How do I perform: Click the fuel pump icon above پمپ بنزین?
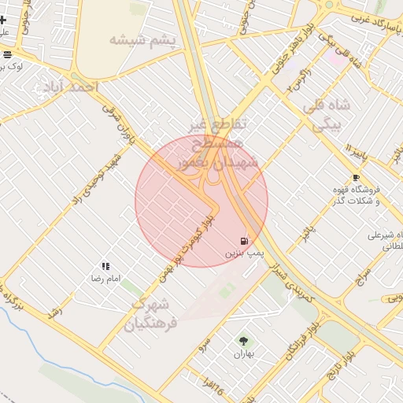(x=244, y=240)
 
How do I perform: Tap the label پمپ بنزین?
(x=246, y=254)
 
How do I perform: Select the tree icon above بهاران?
(x=243, y=341)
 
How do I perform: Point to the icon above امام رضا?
(x=105, y=267)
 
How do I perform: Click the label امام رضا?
(x=105, y=279)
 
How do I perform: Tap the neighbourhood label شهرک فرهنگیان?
(x=152, y=313)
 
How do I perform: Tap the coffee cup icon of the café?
(x=356, y=178)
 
